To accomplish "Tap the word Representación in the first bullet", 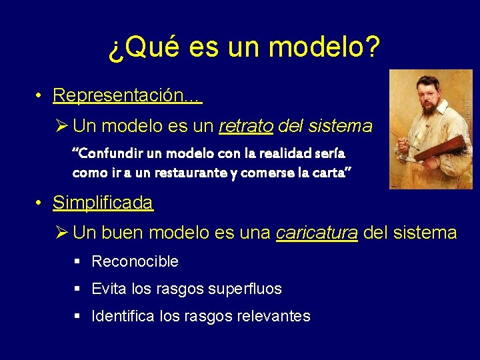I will tap(119, 95).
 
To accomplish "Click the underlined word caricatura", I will tap(317, 233).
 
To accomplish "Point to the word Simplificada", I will tap(103, 203).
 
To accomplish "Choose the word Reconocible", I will tap(135, 261).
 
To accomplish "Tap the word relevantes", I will tap(273, 316).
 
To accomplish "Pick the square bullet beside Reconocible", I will tap(77, 261).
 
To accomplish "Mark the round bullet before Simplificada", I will tap(41, 203).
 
